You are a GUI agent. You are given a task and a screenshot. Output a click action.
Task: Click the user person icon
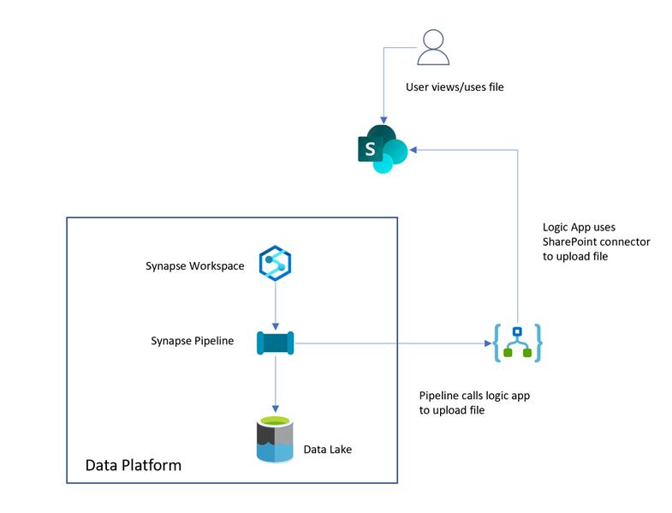coord(433,48)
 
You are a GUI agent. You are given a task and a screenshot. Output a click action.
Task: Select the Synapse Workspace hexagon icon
coord(275,265)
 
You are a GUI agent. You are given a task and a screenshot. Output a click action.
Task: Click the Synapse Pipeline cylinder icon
coord(275,343)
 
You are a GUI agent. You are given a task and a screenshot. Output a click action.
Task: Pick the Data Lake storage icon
coord(275,440)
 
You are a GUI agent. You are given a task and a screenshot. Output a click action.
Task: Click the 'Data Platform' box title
coord(133,466)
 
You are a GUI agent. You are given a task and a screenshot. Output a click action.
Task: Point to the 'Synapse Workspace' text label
coord(194,266)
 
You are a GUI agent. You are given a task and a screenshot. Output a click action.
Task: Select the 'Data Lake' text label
coord(329,450)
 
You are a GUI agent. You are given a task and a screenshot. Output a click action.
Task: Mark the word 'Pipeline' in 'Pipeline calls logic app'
coord(440,396)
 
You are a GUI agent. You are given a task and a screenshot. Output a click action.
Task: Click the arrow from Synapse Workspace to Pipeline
coord(275,304)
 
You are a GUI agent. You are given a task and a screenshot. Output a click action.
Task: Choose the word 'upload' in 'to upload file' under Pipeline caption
coord(452,410)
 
